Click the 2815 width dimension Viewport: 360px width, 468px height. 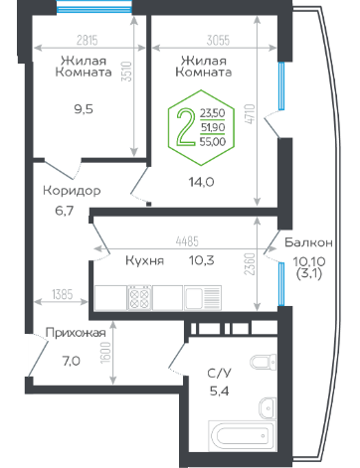(88, 41)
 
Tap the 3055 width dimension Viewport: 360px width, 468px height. (218, 41)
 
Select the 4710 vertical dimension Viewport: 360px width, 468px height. (251, 114)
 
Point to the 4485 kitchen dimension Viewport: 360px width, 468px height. (187, 241)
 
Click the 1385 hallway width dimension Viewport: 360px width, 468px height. (63, 294)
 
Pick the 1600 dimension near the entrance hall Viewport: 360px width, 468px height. (105, 353)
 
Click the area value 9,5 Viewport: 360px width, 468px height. (84, 109)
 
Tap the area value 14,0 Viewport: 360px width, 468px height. (201, 182)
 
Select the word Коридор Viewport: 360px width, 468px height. (72, 191)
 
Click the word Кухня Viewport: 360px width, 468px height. (144, 260)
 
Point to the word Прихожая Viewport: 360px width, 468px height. (76, 333)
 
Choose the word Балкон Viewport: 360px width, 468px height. (308, 242)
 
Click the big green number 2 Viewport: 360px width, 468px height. (186, 127)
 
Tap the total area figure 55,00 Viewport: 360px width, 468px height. (213, 142)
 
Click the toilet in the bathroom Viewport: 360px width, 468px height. (264, 362)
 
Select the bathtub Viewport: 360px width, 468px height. (242, 436)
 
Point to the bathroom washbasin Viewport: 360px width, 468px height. (267, 408)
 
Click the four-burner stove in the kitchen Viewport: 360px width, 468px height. (139, 298)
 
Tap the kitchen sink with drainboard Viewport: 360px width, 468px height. (203, 298)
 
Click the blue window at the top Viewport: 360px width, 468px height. (93, 7)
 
